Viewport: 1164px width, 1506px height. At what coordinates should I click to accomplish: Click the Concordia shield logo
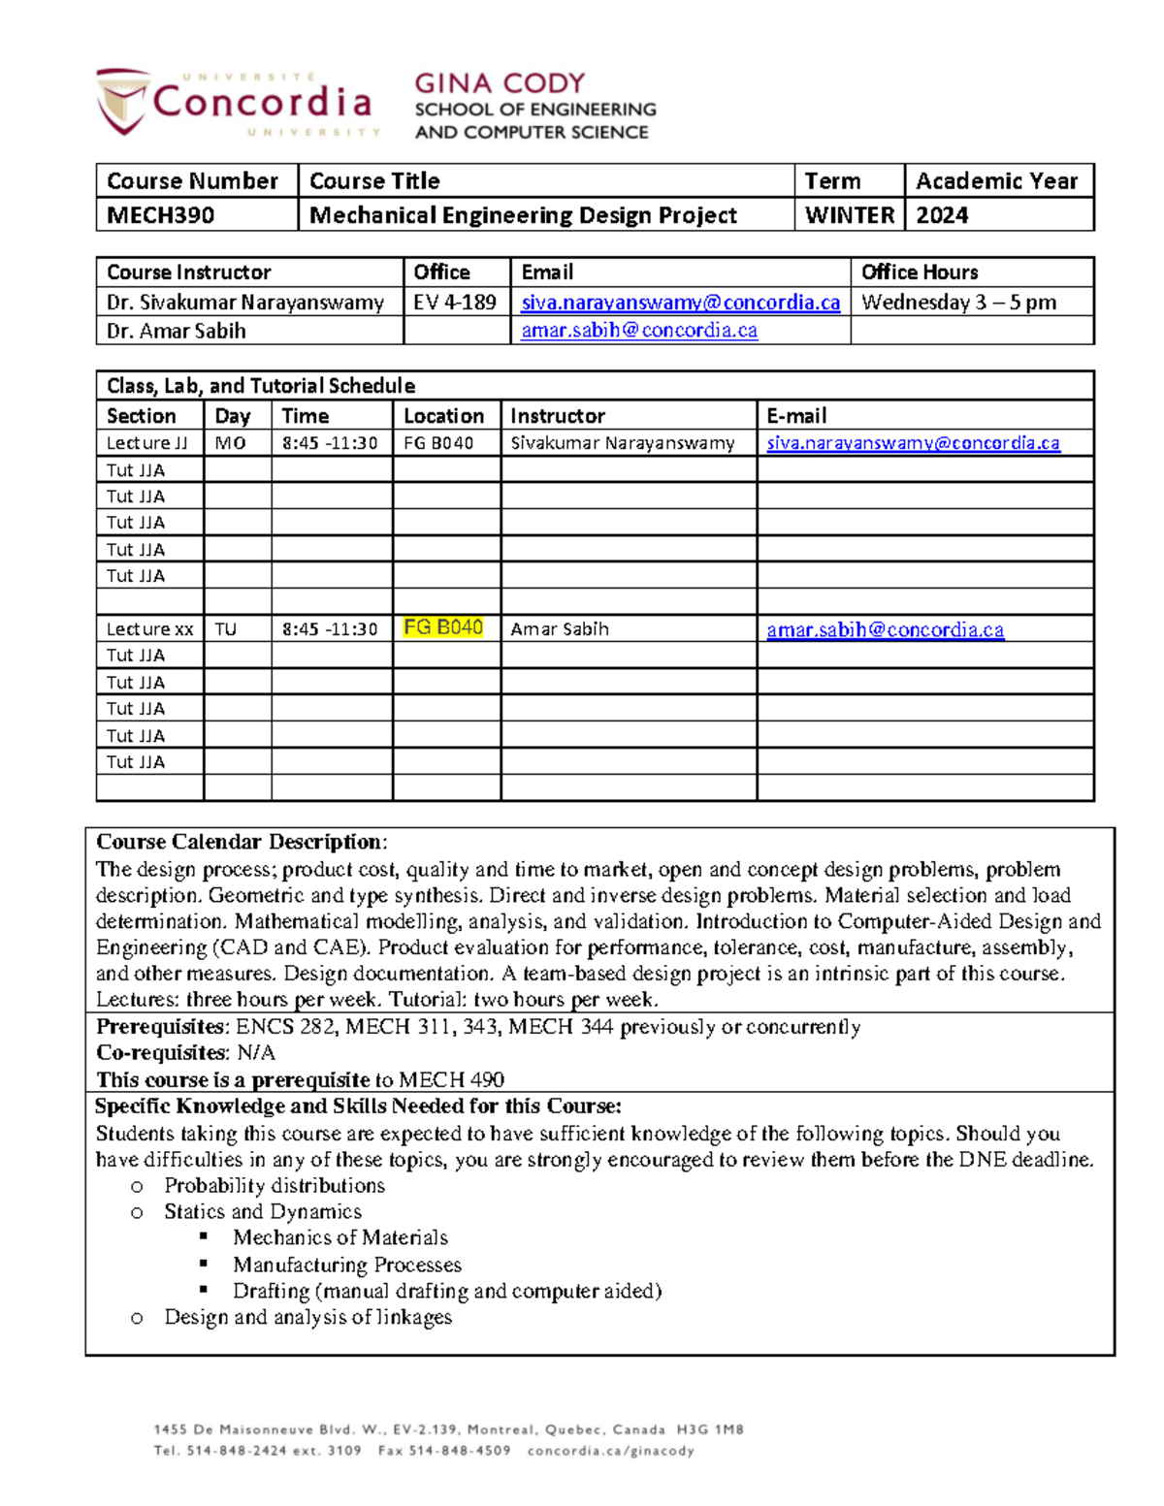(122, 101)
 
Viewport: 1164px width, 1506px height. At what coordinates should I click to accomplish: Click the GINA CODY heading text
(500, 83)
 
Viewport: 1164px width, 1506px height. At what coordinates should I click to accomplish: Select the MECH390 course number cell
(161, 215)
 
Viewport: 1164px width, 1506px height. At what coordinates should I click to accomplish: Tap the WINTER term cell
(849, 215)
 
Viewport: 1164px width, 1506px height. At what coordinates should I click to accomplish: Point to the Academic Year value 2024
(942, 215)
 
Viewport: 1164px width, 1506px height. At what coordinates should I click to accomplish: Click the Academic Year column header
(996, 181)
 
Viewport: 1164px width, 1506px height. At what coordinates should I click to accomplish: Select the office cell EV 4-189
(455, 303)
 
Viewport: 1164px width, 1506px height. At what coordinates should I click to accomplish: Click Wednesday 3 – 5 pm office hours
(958, 303)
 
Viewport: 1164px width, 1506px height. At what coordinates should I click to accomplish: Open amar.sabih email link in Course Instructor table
(639, 331)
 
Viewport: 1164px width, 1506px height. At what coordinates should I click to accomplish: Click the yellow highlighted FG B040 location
(443, 627)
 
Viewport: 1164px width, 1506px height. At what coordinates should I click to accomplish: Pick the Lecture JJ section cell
(147, 443)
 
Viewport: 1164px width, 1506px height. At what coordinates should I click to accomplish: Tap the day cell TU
(226, 629)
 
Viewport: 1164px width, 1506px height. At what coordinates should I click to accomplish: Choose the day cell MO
(230, 443)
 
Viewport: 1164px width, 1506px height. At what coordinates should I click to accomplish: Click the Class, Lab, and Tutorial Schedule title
(260, 386)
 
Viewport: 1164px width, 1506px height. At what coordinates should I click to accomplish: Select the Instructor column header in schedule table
(558, 416)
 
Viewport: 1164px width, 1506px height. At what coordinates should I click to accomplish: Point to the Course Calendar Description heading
(241, 842)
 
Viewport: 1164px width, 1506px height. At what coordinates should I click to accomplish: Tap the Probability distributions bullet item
(275, 1186)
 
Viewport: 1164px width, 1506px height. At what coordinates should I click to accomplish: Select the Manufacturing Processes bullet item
(346, 1265)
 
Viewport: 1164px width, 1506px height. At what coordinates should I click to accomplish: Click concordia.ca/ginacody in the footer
(610, 1451)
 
